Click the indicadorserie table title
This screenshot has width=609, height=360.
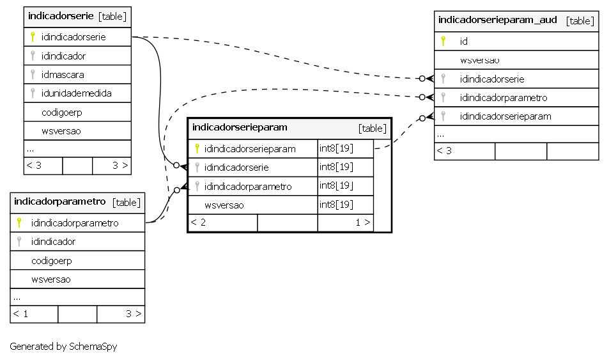[61, 16]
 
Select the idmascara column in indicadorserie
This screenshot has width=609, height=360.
[63, 74]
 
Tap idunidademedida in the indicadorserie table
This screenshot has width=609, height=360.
[77, 93]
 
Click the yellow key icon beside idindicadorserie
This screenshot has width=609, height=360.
[33, 37]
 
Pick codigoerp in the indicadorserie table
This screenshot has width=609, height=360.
[62, 113]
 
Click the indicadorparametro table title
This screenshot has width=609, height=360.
[60, 201]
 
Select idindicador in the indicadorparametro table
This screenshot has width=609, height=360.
[53, 242]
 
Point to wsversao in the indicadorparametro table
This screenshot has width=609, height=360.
[51, 279]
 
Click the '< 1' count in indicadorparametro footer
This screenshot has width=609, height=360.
[20, 314]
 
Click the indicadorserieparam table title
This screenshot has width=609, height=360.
[240, 127]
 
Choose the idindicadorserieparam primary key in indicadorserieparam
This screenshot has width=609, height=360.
[250, 148]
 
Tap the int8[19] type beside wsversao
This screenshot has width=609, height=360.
[336, 205]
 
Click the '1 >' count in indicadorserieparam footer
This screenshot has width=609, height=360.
[363, 223]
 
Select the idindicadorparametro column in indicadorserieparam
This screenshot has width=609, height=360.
[248, 187]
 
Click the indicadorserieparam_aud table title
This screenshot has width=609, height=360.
[498, 20]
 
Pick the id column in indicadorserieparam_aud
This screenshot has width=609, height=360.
[464, 41]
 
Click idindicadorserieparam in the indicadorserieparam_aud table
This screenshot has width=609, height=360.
[505, 116]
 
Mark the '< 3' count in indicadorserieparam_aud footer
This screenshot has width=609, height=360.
[444, 151]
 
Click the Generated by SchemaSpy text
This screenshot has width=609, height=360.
[63, 347]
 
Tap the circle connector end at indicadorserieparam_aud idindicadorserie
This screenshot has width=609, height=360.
[422, 79]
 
